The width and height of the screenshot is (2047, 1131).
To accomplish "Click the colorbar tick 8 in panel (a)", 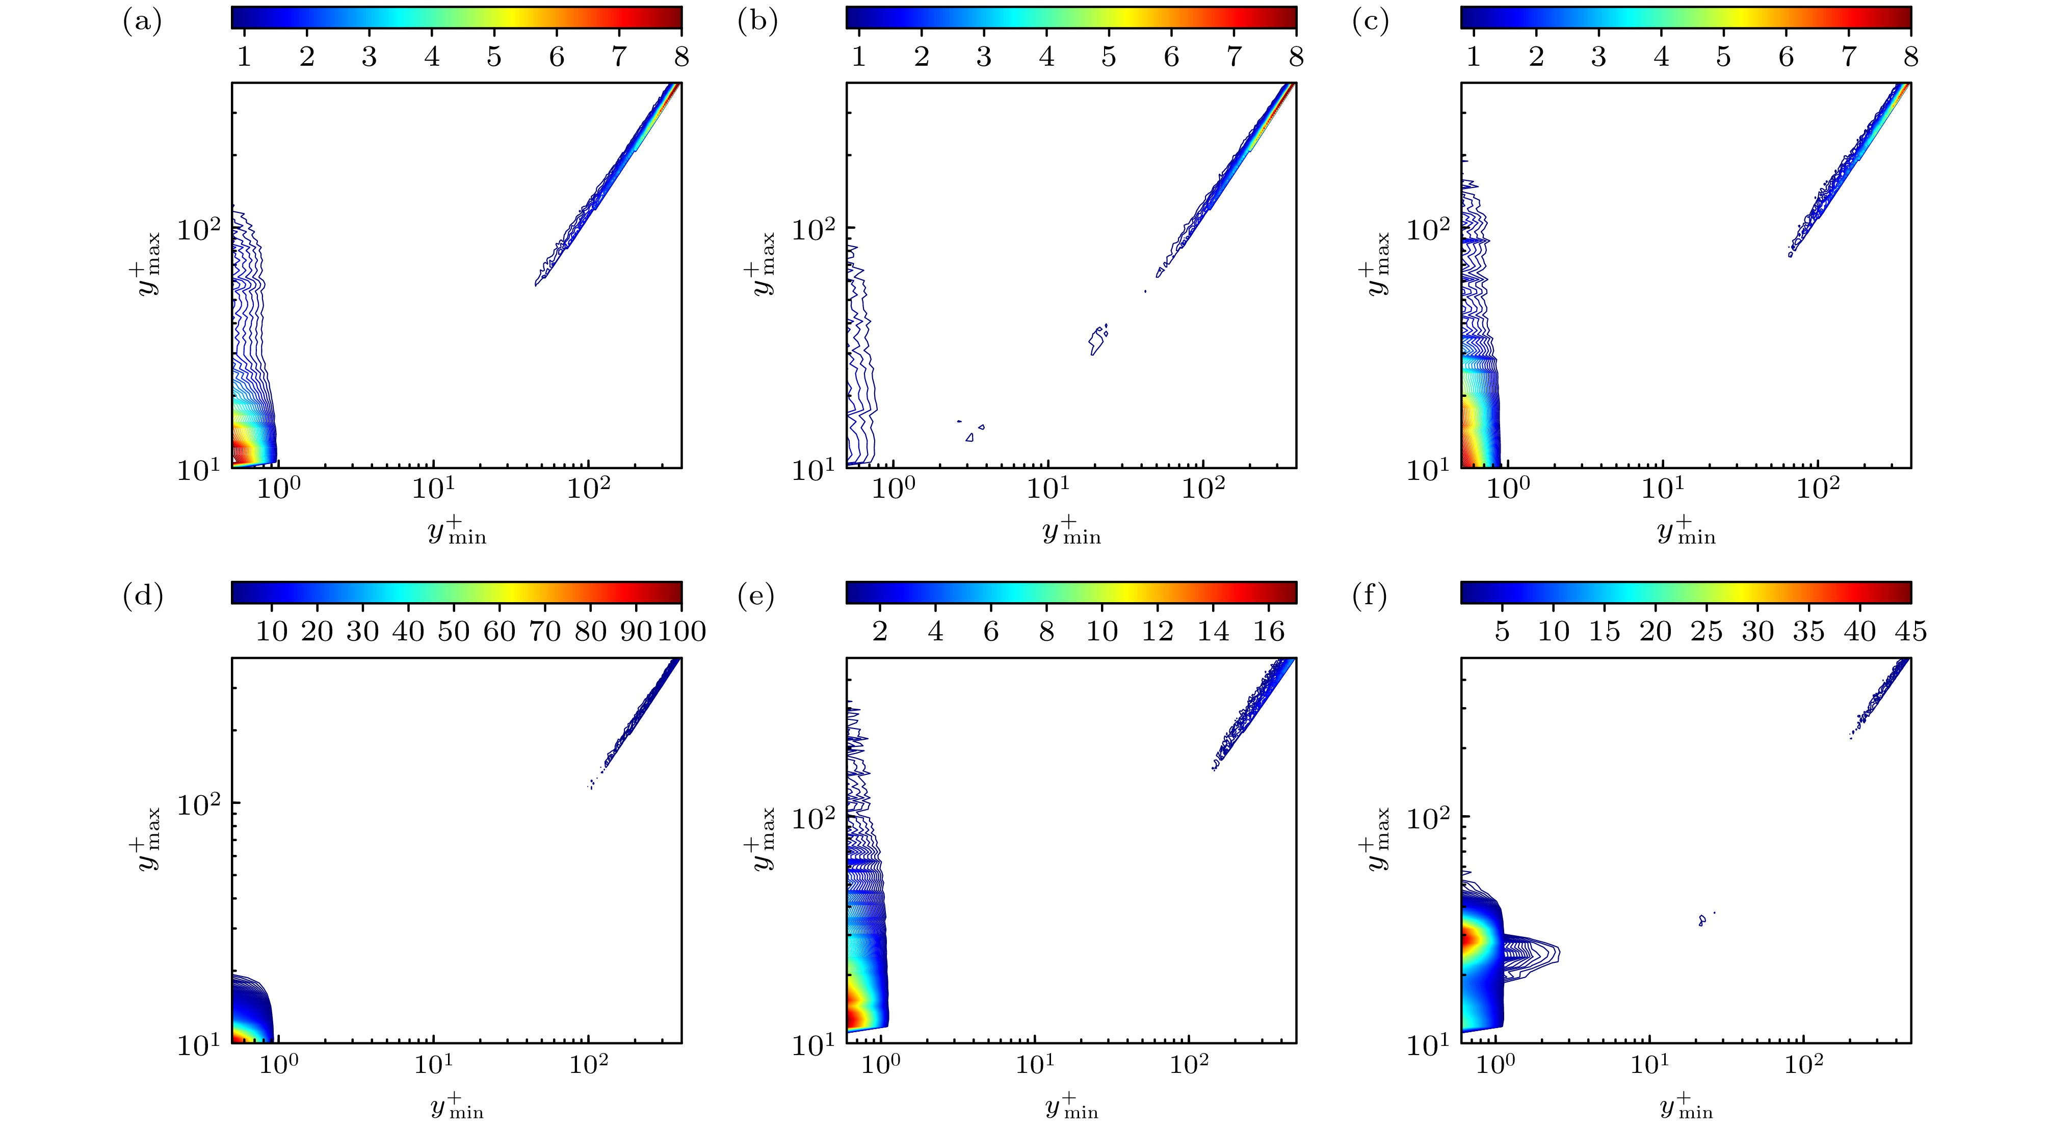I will coord(681,57).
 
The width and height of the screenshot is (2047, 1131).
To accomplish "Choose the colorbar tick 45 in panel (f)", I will coord(1910,631).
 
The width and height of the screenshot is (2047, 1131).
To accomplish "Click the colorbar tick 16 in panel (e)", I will coord(1268,631).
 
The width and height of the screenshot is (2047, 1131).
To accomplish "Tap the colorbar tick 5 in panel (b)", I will coord(1109,57).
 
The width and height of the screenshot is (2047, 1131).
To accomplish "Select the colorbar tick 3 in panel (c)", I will coord(1598,57).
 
